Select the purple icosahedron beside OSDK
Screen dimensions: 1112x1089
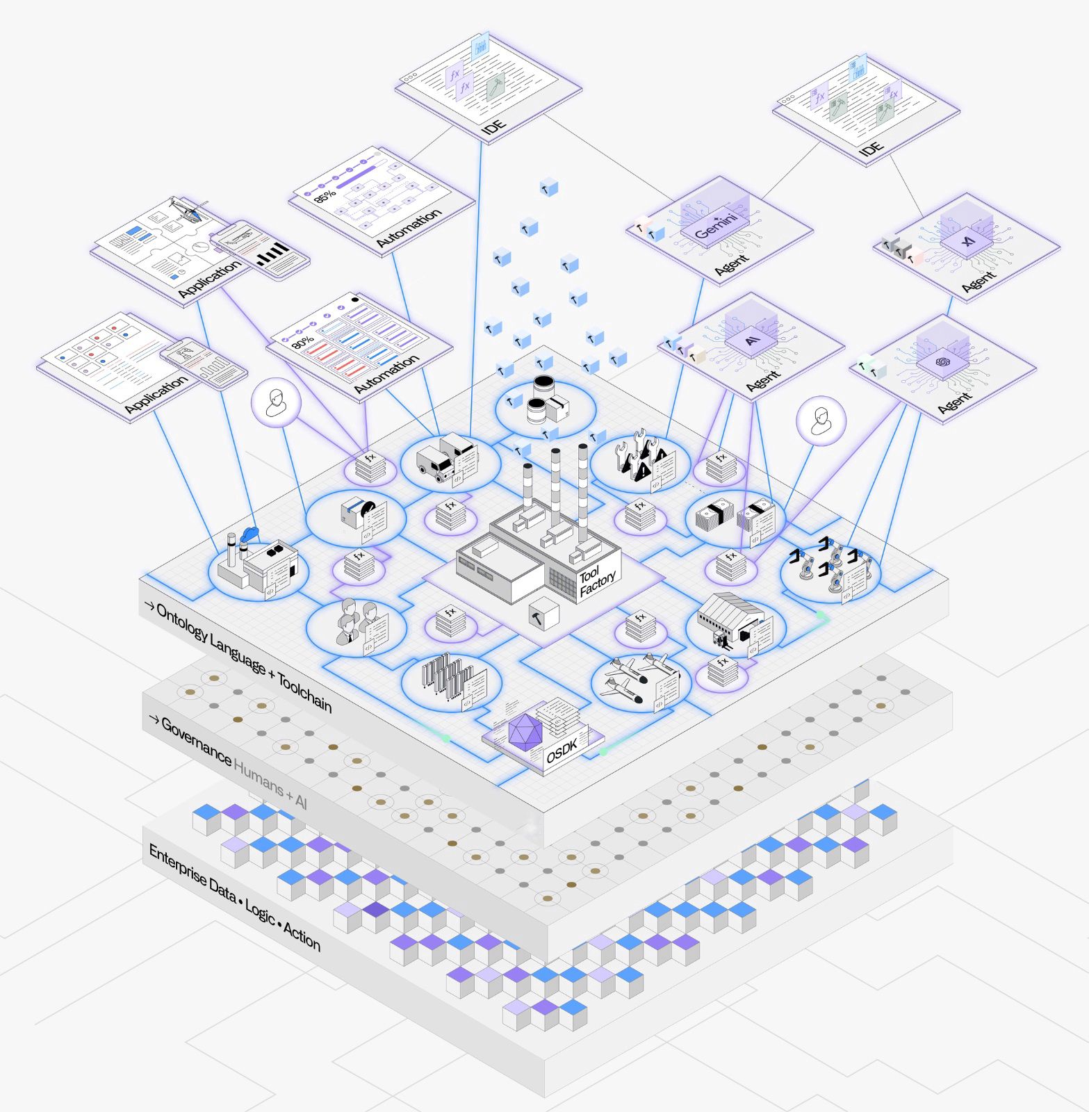coord(525,731)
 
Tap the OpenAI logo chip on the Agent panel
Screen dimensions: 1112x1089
coord(942,362)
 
